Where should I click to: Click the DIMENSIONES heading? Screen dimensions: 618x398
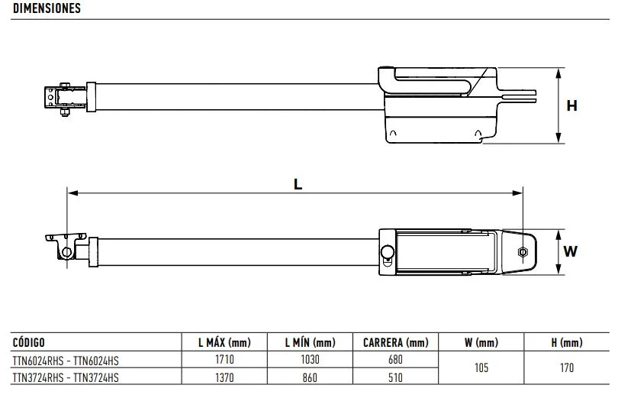[x=47, y=8]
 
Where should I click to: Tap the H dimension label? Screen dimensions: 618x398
[x=571, y=105]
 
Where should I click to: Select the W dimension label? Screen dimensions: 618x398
[x=570, y=251]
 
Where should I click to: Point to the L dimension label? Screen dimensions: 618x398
[x=298, y=184]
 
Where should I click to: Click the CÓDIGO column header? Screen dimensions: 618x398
[x=29, y=342]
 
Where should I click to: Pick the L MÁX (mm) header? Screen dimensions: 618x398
[x=224, y=342]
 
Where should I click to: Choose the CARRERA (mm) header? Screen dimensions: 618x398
[x=396, y=342]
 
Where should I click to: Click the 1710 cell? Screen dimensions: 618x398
[x=224, y=359]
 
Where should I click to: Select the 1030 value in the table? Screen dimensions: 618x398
[x=310, y=359]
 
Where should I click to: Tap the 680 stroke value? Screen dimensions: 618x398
[x=395, y=359]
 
